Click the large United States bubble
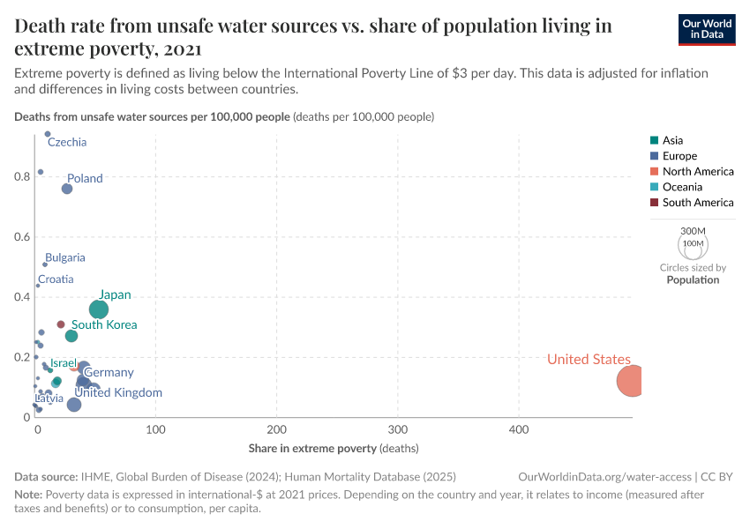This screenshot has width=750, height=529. click(633, 381)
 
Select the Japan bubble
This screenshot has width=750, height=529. click(99, 309)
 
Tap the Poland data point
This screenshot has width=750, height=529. click(67, 189)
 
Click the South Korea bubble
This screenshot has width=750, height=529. click(71, 336)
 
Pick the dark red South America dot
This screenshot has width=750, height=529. click(61, 324)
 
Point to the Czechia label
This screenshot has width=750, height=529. click(67, 142)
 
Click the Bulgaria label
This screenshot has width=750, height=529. click(65, 257)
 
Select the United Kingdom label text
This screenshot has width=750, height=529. click(118, 392)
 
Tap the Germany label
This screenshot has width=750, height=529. click(109, 372)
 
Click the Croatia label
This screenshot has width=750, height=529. click(56, 279)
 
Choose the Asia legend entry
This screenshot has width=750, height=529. click(672, 140)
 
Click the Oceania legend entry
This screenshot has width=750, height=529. click(682, 187)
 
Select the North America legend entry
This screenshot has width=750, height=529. click(698, 171)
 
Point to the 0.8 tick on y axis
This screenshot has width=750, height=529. click(22, 176)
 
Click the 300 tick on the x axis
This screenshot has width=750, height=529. click(397, 430)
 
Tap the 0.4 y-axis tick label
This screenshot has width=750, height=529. click(22, 297)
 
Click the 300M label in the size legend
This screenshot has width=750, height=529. click(692, 230)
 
